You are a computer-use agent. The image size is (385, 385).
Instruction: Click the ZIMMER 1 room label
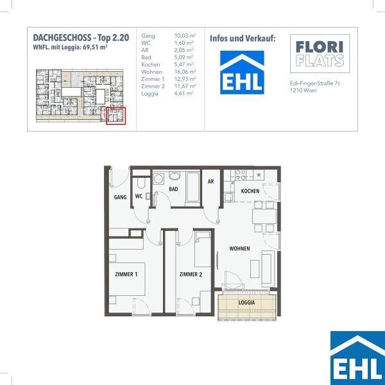[x=126, y=274]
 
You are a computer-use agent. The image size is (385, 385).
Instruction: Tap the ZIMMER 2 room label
[x=191, y=274]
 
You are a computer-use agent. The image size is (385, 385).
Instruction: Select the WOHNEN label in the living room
[x=239, y=248]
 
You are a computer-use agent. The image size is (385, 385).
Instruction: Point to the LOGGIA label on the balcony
[x=247, y=302]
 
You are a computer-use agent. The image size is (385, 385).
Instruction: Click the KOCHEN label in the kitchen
[x=250, y=191]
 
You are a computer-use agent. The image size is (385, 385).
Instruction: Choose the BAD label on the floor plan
[x=173, y=189]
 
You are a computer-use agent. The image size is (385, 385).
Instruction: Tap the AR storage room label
[x=210, y=182]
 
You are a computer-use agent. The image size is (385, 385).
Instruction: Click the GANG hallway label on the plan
[x=121, y=197]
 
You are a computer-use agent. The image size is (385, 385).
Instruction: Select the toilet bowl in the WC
[x=141, y=183]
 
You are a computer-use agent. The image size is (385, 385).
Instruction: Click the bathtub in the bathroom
[x=193, y=187]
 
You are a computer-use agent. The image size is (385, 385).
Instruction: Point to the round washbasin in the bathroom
[x=175, y=176]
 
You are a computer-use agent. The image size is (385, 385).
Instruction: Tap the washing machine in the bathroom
[x=158, y=179]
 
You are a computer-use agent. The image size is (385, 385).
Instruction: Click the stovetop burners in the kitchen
[x=241, y=175]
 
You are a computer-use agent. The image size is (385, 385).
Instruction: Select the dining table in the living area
[x=264, y=216]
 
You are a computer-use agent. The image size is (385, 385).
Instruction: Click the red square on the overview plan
[x=116, y=116]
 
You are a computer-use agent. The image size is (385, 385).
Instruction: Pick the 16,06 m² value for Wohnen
[x=185, y=72]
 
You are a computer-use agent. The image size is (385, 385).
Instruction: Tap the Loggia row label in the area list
[x=150, y=94]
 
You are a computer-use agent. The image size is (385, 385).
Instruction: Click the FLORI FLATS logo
[x=320, y=54]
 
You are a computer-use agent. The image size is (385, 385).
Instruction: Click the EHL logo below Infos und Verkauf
[x=242, y=73]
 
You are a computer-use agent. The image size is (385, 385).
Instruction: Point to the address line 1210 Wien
[x=304, y=90]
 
